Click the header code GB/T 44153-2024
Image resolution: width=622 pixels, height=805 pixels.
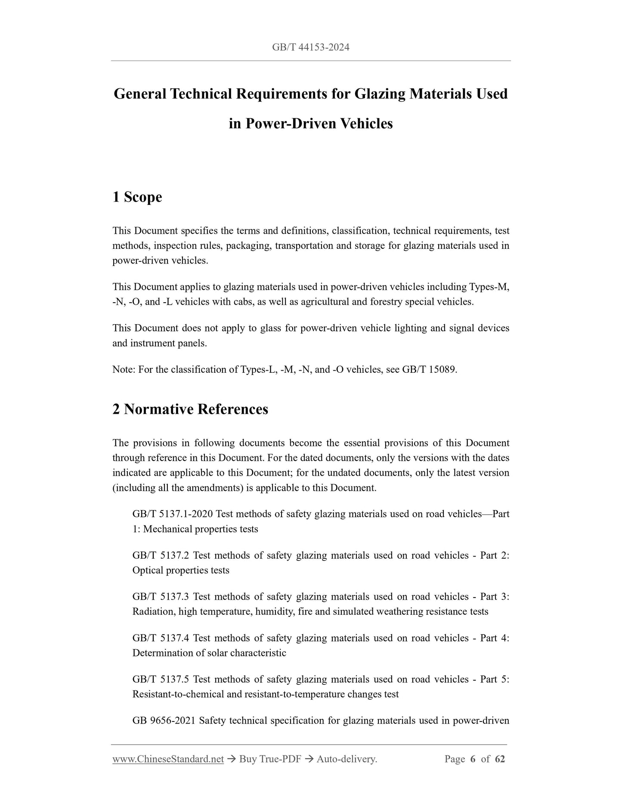point(310,47)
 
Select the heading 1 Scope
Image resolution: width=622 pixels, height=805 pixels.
point(137,197)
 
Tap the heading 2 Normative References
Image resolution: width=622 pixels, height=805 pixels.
point(190,409)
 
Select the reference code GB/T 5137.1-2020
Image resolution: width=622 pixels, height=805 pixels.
point(173,514)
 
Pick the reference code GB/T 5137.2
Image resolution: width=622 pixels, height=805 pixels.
point(161,555)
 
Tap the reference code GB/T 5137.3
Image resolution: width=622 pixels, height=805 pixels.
point(161,597)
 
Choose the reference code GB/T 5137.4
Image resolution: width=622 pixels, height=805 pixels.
point(161,638)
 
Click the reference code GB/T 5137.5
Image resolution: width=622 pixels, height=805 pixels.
point(161,679)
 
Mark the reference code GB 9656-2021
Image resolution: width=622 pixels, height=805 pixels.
point(164,721)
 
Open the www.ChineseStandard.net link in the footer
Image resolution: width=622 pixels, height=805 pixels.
point(168,759)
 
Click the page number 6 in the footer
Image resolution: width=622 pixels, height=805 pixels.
point(473,759)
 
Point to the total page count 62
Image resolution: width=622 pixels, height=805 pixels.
point(500,759)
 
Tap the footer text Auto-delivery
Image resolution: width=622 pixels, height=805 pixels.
point(347,759)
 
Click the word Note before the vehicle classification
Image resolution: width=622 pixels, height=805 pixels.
point(123,369)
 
